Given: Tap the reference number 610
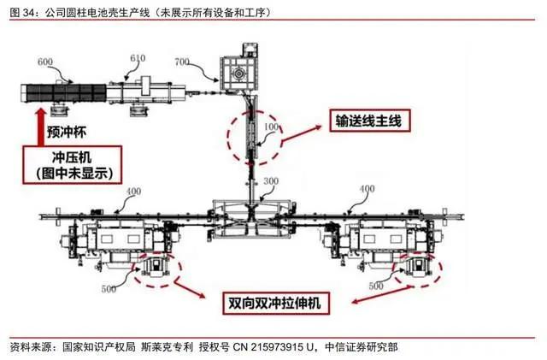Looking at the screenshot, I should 138,57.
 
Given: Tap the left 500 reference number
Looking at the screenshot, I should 109,289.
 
